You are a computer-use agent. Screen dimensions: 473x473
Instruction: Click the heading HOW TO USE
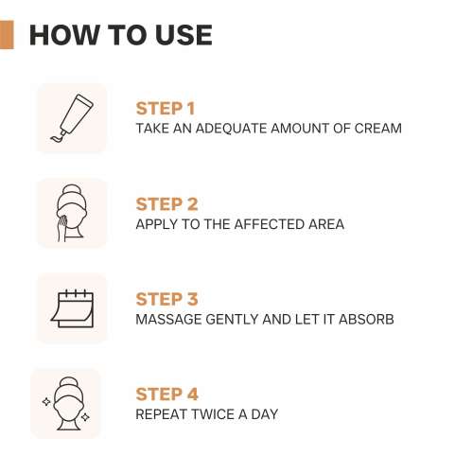point(120,35)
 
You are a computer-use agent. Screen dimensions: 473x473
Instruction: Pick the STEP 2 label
point(166,203)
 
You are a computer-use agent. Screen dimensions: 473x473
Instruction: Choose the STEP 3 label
point(166,299)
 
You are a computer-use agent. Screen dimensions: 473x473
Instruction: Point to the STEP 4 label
point(166,394)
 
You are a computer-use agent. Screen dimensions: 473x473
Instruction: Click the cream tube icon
point(72,118)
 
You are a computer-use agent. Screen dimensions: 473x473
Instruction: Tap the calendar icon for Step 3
point(72,308)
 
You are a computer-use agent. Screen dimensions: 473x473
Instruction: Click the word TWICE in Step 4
point(219,415)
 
